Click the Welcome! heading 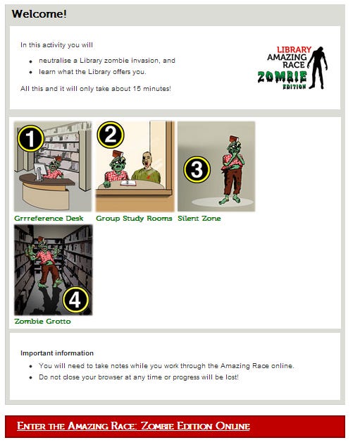(39, 13)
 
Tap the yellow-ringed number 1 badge (30, 139)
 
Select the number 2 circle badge (111, 135)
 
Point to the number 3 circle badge (197, 169)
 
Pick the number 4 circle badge (75, 300)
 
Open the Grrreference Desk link (49, 218)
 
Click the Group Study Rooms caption (134, 218)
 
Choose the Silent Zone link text (199, 218)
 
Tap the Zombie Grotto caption (42, 322)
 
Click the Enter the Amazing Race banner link (133, 426)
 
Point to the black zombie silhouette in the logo (318, 68)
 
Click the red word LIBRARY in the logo (294, 49)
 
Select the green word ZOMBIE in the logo (282, 77)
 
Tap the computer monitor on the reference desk (40, 171)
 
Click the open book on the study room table (128, 183)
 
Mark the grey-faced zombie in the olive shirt (147, 168)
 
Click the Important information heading (57, 353)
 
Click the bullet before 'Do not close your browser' (30, 378)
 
